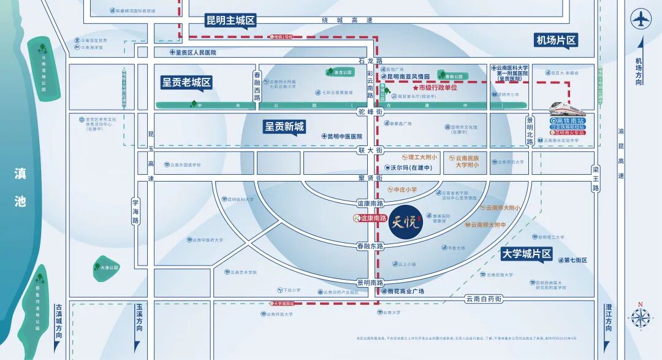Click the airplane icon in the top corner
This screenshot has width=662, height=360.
click(x=641, y=18)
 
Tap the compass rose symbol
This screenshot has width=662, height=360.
click(x=640, y=317)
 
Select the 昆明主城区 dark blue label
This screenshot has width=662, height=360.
click(x=230, y=20)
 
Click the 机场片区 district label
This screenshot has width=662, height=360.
click(x=556, y=40)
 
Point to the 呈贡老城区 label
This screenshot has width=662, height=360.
click(x=186, y=82)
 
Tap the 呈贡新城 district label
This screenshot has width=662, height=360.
click(x=284, y=127)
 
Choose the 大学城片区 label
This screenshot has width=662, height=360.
click(x=527, y=253)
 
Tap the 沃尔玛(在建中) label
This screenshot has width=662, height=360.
click(x=408, y=167)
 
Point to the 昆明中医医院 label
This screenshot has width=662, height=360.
click(x=341, y=136)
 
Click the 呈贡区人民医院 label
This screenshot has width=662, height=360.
click(x=193, y=53)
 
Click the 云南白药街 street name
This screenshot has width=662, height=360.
click(x=484, y=298)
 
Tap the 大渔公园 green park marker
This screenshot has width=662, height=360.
click(x=105, y=267)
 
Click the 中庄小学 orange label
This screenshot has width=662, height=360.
click(x=401, y=190)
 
